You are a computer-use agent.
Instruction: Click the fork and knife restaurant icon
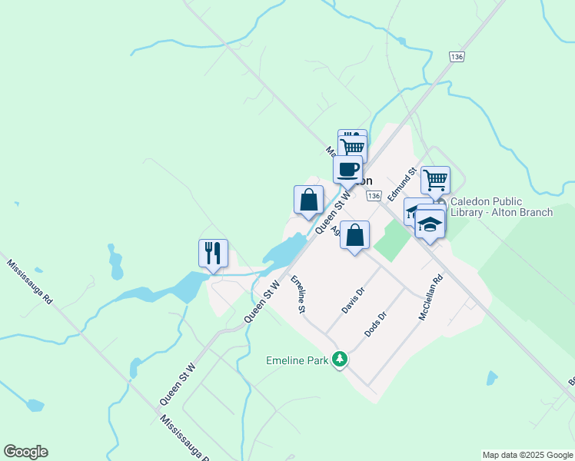(213, 253)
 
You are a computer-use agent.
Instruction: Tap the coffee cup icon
(347, 168)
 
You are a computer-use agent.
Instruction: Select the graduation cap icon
(430, 224)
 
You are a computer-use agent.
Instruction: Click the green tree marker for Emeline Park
(339, 360)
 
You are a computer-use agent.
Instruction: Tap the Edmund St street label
(401, 185)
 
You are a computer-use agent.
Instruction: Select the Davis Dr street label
(352, 300)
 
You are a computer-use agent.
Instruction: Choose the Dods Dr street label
(375, 325)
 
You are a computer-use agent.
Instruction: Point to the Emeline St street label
(297, 294)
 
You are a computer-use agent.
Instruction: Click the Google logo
(25, 452)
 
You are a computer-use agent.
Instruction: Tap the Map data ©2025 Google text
(527, 455)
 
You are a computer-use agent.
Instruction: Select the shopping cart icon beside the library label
(435, 180)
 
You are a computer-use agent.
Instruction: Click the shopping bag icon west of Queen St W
(308, 199)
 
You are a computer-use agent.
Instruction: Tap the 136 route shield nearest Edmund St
(374, 197)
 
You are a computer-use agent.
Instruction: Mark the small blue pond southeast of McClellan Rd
(491, 377)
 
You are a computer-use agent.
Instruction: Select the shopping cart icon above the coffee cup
(353, 146)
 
